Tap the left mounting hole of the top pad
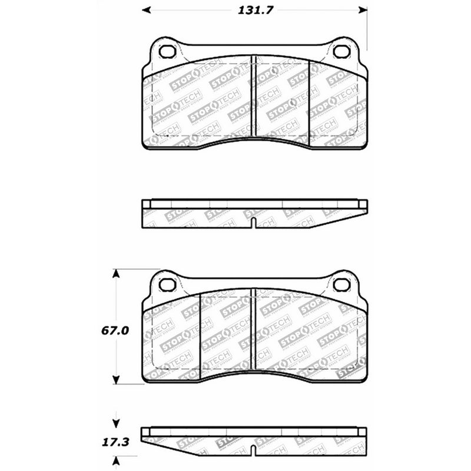pyautogui.click(x=167, y=51)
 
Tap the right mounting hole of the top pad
pyautogui.click(x=341, y=51)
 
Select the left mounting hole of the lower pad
pyautogui.click(x=167, y=285)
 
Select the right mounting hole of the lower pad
pyautogui.click(x=341, y=285)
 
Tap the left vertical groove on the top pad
pyautogui.click(x=253, y=94)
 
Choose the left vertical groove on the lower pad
pyautogui.click(x=200, y=333)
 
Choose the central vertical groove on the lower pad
pyautogui.click(x=253, y=330)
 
